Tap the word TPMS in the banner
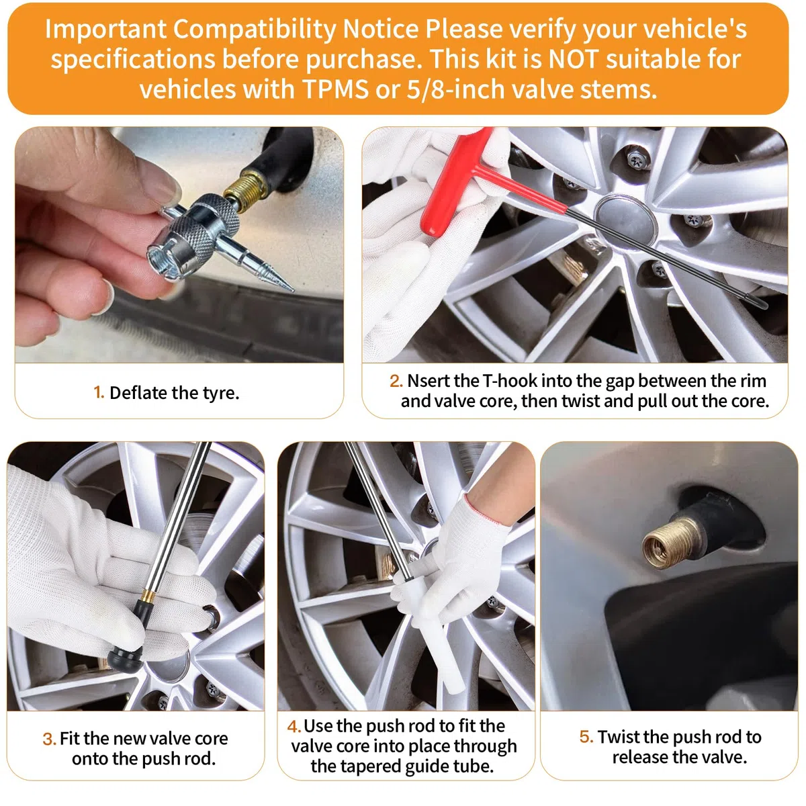tap(335, 89)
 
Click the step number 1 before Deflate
tap(98, 393)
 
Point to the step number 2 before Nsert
tap(396, 381)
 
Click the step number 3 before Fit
tap(49, 739)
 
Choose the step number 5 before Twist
tap(586, 737)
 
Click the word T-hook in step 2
tap(511, 381)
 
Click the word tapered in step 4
tap(369, 766)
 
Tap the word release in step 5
tap(640, 757)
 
